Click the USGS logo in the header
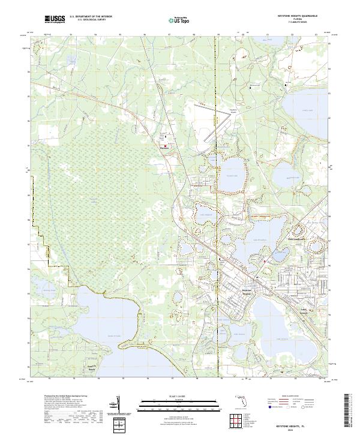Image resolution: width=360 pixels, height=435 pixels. [54, 20]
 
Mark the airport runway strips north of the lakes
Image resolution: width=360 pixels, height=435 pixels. [220, 128]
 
